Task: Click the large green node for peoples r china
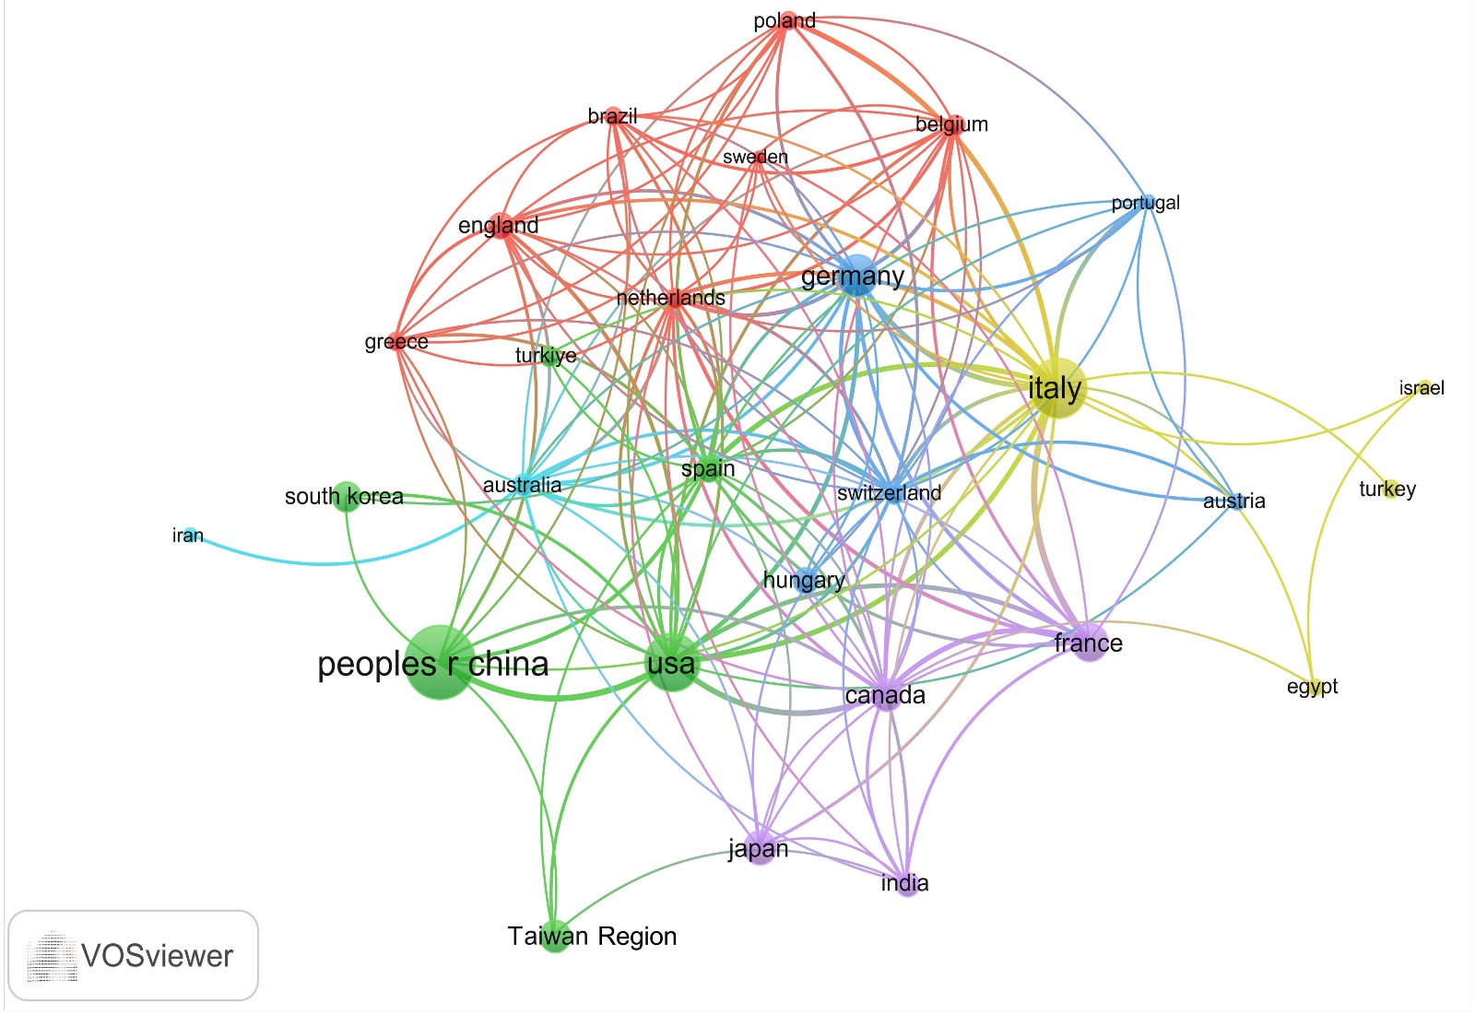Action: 440,662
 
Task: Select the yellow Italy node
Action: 1056,388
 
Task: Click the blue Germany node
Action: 856,276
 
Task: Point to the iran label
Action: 188,536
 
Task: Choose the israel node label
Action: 1421,388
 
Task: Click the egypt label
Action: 1312,687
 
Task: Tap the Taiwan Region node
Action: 554,936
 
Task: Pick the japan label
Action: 758,848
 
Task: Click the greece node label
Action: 396,342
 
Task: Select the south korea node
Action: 346,495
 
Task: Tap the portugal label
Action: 1145,203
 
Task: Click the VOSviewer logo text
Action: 157,956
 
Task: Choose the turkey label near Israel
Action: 1386,490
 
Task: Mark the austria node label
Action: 1233,502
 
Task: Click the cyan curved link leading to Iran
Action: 323,562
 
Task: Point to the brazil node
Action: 614,117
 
